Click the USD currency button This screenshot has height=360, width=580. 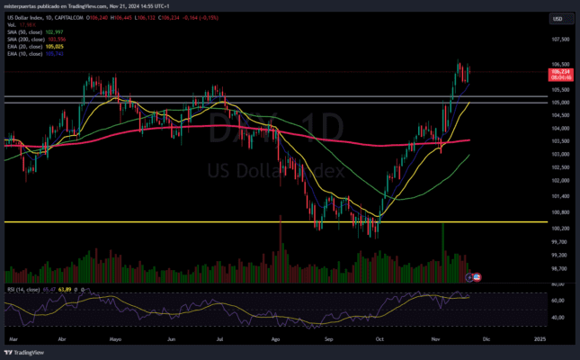click(x=558, y=18)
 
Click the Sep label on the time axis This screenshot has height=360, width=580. click(x=330, y=339)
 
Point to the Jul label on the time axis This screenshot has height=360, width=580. click(x=221, y=339)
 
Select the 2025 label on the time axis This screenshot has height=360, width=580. click(x=539, y=339)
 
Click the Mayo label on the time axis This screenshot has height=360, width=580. click(x=114, y=339)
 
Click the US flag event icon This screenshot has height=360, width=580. click(x=477, y=275)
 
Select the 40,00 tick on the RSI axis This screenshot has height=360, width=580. click(x=559, y=318)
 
